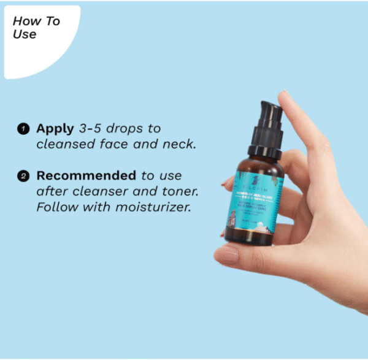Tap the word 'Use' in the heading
click(24, 34)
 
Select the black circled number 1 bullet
click(23, 129)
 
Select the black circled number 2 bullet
click(23, 177)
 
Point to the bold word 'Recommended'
click(86, 176)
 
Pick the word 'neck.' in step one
click(183, 145)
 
